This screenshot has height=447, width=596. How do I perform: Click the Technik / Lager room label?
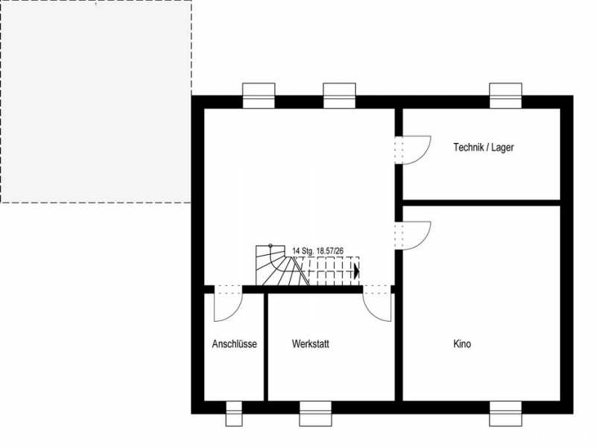click(484, 147)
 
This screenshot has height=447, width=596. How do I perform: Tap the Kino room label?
click(462, 344)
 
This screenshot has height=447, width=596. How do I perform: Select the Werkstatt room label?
click(311, 344)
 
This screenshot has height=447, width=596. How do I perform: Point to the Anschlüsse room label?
click(235, 344)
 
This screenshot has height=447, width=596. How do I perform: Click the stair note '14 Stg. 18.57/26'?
click(318, 251)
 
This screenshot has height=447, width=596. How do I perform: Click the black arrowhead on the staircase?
click(357, 271)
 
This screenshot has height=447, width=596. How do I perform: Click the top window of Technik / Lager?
click(506, 96)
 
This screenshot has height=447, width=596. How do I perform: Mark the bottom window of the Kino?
click(506, 413)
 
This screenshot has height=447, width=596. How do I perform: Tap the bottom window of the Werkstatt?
click(315, 413)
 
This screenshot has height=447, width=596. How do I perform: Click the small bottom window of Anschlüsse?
click(234, 413)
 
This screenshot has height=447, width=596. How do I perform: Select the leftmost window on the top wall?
click(259, 96)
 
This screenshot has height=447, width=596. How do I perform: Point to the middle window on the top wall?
click(340, 96)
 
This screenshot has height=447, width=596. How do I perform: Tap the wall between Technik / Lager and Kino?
click(481, 203)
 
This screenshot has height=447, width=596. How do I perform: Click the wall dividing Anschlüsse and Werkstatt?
click(266, 346)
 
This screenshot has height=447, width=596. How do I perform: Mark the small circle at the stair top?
click(270, 246)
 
